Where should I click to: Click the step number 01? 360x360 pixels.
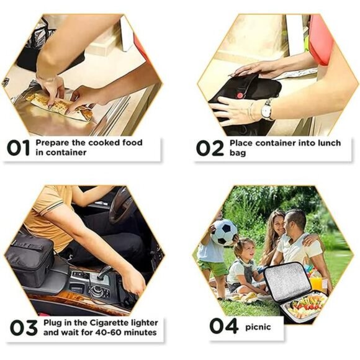[x=18, y=148]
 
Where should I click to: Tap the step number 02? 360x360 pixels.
[x=210, y=148]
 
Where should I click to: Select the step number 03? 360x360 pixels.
[x=24, y=327]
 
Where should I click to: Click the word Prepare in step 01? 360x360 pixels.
[x=52, y=142]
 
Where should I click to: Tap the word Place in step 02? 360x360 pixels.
[x=241, y=143]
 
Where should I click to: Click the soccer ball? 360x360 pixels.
[x=223, y=232]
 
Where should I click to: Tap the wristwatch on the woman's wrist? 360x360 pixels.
[x=267, y=110]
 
